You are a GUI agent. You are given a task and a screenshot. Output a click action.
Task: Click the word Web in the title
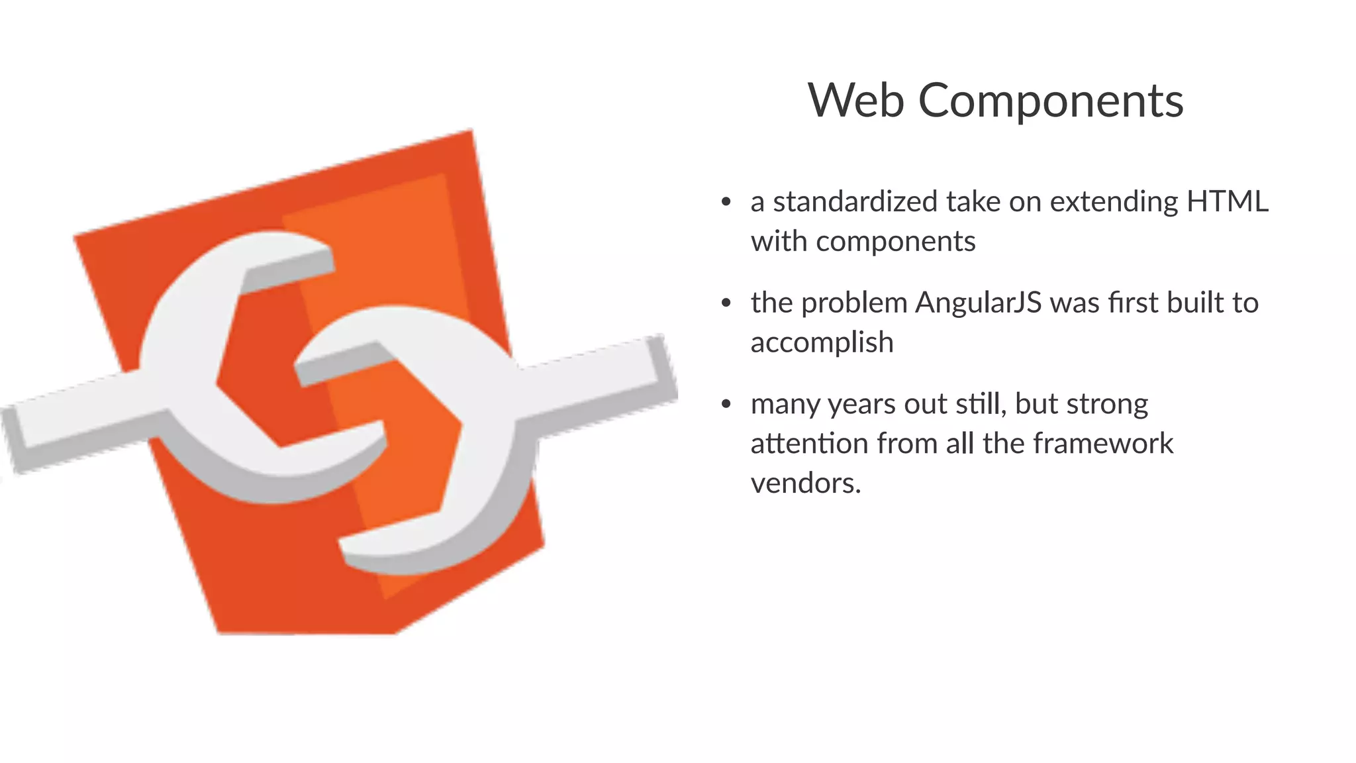tap(856, 101)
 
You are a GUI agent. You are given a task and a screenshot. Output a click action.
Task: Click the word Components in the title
tap(1051, 102)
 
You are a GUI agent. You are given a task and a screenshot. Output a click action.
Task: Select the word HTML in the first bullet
tap(1227, 201)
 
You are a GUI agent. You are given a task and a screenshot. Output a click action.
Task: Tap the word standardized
tap(855, 201)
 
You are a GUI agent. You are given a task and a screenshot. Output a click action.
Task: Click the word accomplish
tap(822, 343)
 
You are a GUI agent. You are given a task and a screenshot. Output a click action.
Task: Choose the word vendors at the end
tap(805, 483)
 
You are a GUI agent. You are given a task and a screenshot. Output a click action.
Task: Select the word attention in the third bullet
tap(809, 443)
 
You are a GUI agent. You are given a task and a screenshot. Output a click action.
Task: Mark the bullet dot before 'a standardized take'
tap(726, 202)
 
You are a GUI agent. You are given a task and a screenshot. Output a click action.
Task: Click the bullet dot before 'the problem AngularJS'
tap(726, 303)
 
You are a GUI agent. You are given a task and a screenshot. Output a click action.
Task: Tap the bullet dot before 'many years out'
tap(726, 404)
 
